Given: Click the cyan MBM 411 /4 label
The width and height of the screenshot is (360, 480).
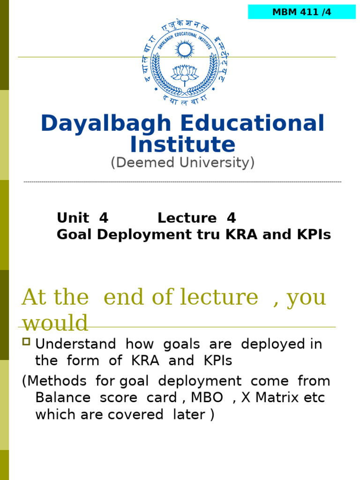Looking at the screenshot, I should (x=301, y=12).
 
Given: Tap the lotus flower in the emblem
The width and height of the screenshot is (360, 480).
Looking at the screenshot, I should (x=185, y=73).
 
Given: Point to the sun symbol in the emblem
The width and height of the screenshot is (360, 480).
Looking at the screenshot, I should (x=185, y=49).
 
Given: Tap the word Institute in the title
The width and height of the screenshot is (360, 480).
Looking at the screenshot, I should (x=182, y=144).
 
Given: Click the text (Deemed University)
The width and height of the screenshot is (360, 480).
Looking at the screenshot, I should (x=182, y=163).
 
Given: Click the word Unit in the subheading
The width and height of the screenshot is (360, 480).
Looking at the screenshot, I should (x=73, y=218).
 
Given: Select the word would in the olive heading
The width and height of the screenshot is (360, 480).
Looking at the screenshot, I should (x=55, y=323).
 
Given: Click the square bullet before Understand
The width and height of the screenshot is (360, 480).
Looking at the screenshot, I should (x=26, y=342).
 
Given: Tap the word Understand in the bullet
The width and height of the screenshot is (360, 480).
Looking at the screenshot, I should (x=76, y=345).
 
